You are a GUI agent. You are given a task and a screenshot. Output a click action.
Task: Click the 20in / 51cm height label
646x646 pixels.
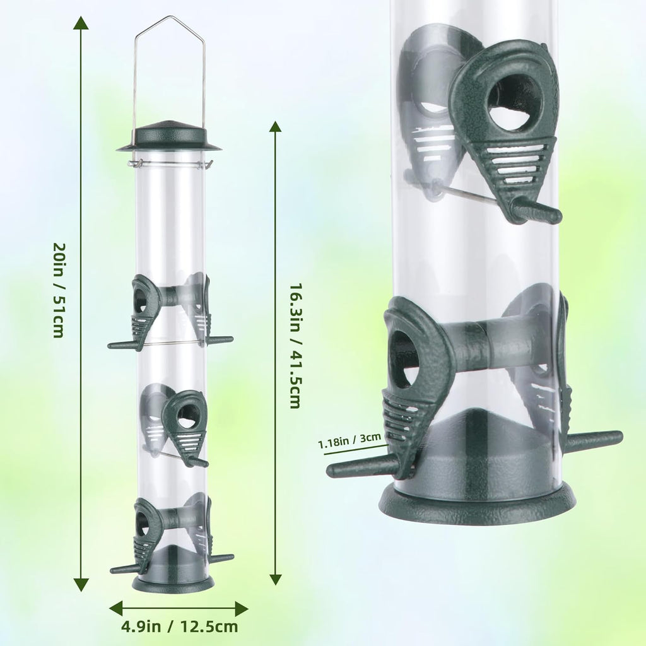tap(58, 290)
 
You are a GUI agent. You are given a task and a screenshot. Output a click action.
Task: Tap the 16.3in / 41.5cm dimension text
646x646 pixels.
tap(295, 346)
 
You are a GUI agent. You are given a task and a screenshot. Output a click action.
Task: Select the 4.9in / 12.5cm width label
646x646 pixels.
tap(180, 626)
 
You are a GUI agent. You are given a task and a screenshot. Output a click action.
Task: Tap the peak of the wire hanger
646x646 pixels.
tap(168, 18)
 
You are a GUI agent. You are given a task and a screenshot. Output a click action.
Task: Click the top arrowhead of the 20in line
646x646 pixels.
tap(81, 24)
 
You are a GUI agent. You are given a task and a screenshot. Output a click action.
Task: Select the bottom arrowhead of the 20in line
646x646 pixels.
tap(81, 585)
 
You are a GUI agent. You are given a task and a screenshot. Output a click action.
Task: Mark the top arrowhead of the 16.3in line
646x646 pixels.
tap(275, 127)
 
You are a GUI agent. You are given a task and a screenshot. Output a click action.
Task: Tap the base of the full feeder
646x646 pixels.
tap(173, 583)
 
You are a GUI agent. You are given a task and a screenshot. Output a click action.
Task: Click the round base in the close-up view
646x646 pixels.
tap(477, 504)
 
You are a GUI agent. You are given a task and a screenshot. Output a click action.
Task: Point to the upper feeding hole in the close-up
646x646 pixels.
tap(515, 101)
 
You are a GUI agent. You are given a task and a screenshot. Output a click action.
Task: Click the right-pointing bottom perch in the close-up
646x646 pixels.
tap(593, 440)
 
